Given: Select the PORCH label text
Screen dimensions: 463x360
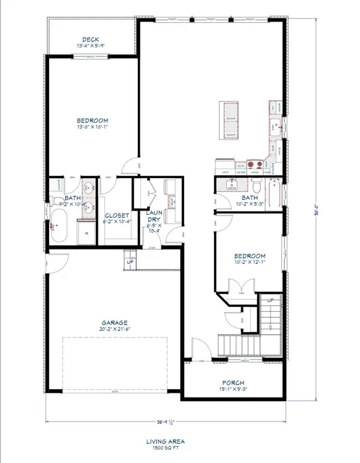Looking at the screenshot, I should coord(233,383).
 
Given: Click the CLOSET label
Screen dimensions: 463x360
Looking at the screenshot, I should coord(114,217).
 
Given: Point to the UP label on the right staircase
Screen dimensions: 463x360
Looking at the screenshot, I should coord(270,299).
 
